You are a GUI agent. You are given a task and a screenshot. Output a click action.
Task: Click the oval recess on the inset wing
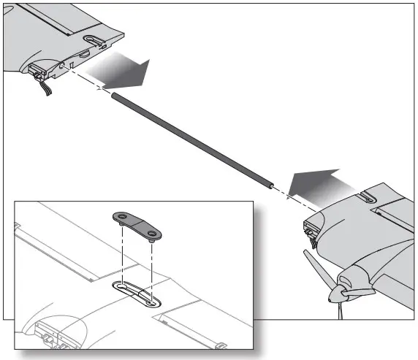137,292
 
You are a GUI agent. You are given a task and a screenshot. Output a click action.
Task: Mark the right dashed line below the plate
153,267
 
